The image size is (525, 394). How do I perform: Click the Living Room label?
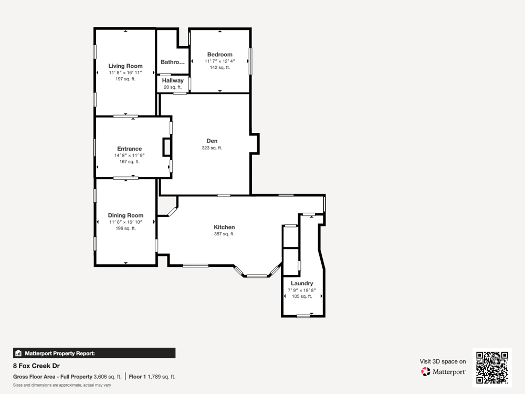coord(125,66)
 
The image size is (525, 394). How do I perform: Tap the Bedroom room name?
coord(219,55)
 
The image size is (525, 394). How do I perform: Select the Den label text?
coord(212,141)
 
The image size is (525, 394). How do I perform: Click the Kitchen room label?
coord(224,227)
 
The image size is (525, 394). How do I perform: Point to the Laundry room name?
coord(302,283)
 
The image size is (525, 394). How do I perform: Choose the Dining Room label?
coord(125,215)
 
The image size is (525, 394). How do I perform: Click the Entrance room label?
coord(129,149)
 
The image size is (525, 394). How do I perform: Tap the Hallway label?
coord(173,80)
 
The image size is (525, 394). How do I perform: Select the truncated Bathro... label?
coord(173,62)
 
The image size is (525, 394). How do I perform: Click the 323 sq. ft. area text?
coord(212,148)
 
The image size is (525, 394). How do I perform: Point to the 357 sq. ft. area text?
coord(224,234)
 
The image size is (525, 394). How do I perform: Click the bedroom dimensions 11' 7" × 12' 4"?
coord(219,61)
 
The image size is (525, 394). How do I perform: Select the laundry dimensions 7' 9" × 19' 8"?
coord(302,290)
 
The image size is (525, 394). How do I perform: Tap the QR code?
coord(492,368)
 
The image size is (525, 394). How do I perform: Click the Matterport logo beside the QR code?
coord(444,371)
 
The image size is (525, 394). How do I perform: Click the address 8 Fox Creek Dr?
coord(36,366)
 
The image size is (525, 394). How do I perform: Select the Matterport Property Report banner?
coord(94,353)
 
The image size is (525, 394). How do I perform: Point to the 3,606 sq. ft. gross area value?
coord(107,377)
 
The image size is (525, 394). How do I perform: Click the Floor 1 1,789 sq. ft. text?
coord(152,377)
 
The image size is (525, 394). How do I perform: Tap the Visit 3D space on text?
coord(443,361)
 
